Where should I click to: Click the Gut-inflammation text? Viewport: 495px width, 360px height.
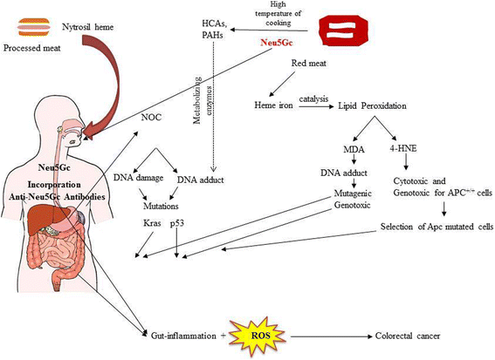point(184,334)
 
